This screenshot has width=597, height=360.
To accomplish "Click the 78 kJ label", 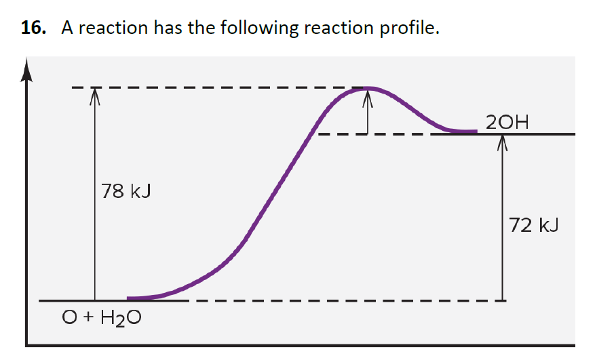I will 126,192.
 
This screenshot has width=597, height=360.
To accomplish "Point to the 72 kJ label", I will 534,225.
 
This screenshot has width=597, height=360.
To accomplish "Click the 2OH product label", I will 507,122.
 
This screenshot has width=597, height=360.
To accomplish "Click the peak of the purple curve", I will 368,88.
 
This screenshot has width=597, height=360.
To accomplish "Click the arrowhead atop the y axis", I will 26,68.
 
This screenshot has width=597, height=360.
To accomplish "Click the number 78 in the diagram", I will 113,192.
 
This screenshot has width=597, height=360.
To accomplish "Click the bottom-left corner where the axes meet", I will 26,346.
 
